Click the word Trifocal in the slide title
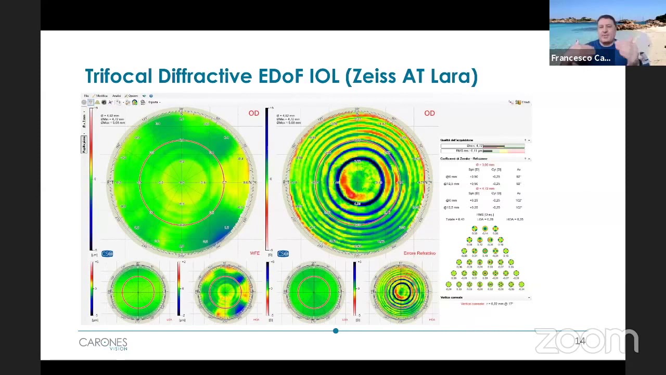pyautogui.click(x=119, y=76)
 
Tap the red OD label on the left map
pyautogui.click(x=253, y=113)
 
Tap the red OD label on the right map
pyautogui.click(x=429, y=113)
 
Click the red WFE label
pyautogui.click(x=254, y=253)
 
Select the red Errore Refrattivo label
pyautogui.click(x=419, y=253)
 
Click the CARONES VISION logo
pyautogui.click(x=103, y=343)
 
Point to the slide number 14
pyautogui.click(x=580, y=341)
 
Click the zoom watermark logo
pyautogui.click(x=586, y=341)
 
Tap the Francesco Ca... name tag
pyautogui.click(x=581, y=58)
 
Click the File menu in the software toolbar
pyautogui.click(x=86, y=96)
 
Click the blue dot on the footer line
pyautogui.click(x=336, y=331)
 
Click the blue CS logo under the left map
pyautogui.click(x=107, y=254)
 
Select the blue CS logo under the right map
pyautogui.click(x=283, y=254)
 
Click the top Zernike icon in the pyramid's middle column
pyautogui.click(x=485, y=229)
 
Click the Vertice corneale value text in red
pyautogui.click(x=486, y=304)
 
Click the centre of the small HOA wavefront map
pyautogui.click(x=225, y=290)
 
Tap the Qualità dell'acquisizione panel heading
pyautogui.click(x=457, y=140)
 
